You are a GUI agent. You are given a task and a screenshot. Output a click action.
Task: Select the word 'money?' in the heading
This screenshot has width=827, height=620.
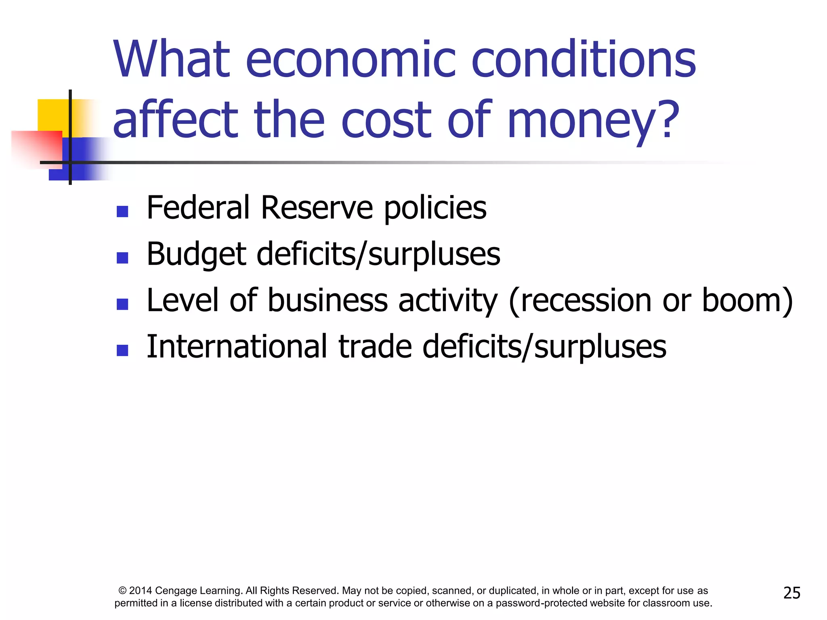594,120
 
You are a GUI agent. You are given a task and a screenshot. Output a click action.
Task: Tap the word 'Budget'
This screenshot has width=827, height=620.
196,255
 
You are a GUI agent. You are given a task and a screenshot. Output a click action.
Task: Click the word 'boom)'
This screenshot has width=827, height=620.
747,301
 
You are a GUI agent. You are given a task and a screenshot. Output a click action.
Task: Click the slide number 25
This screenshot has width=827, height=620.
791,593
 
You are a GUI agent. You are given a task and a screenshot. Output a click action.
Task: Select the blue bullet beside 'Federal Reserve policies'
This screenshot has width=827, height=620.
122,212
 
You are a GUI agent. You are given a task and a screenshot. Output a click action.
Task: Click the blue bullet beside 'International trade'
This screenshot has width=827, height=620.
122,350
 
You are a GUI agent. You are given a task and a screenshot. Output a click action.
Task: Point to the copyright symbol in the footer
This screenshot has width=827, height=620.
123,591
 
